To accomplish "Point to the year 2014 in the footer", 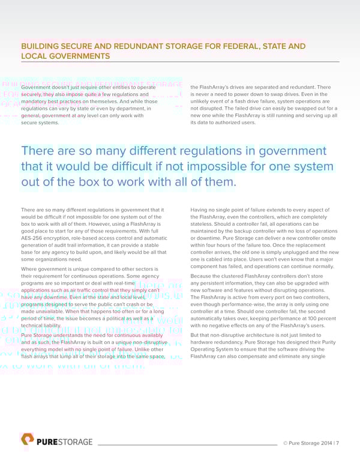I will (x=323, y=443).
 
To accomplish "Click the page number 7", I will (x=338, y=443).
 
